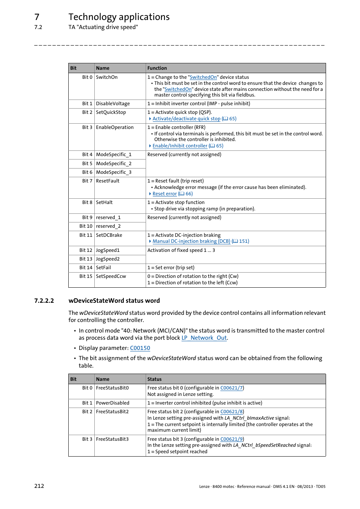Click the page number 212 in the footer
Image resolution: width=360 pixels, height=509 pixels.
coord(39,486)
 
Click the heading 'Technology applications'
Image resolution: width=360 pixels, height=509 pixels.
coord(119,17)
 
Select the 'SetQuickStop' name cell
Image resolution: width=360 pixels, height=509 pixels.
coord(111,112)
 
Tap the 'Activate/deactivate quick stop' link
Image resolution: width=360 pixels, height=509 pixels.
coord(186,119)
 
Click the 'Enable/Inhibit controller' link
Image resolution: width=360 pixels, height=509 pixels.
coord(180,146)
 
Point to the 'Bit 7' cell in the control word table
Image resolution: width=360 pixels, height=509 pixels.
coord(87,181)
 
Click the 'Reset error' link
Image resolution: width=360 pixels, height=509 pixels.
coord(165,194)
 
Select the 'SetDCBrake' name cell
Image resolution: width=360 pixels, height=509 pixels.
coord(109,235)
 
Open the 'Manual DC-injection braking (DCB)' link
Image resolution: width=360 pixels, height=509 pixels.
coord(191,241)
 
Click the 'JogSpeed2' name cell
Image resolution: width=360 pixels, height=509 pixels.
coord(108,259)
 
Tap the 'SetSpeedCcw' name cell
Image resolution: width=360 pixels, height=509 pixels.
coord(111,276)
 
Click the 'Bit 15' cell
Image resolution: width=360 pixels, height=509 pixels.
coord(86,276)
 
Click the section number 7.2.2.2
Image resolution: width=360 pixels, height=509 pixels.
coord(44,301)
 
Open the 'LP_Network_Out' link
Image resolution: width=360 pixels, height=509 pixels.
coord(204,338)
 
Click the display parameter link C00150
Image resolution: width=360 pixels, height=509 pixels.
coord(140,348)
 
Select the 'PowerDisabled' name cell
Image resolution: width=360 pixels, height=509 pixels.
coord(112,403)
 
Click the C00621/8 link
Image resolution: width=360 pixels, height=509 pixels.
coord(231,412)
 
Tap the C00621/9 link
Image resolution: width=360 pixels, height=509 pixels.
coord(231,439)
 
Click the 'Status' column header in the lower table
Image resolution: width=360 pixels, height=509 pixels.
coord(154,379)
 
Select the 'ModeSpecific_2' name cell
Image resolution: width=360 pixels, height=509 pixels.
coord(114,164)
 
